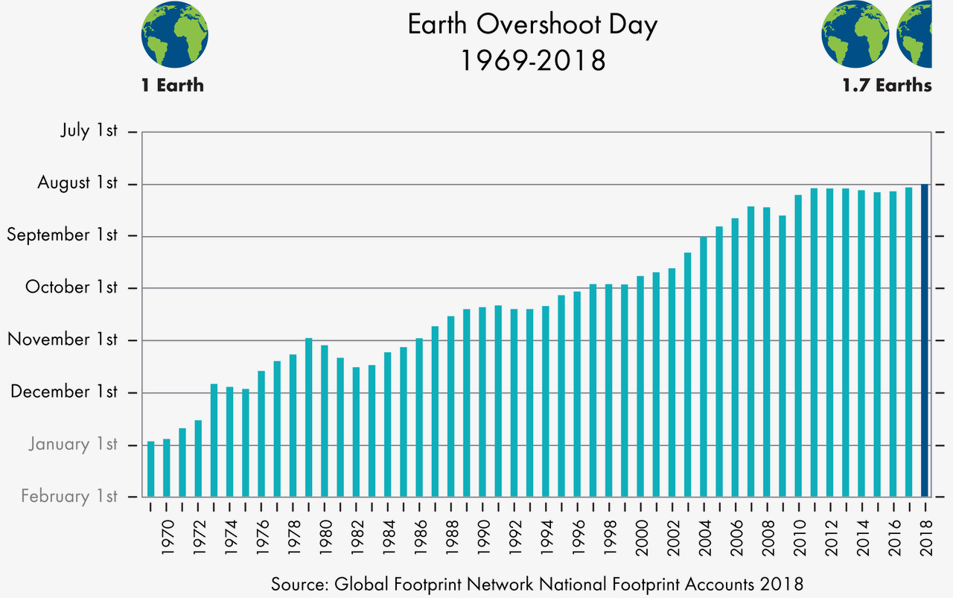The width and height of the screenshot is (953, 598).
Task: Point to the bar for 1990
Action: pyautogui.click(x=482, y=401)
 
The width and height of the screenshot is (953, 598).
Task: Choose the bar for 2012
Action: pyautogui.click(x=829, y=343)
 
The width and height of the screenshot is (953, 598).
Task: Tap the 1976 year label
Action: pyautogui.click(x=262, y=537)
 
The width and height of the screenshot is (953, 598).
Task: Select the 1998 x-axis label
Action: pyautogui.click(x=608, y=537)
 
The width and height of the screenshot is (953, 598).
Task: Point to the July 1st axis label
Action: pyautogui.click(x=89, y=131)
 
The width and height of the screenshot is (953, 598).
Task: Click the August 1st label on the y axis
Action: pyautogui.click(x=77, y=183)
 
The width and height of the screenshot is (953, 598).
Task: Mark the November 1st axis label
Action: pyautogui.click(x=63, y=340)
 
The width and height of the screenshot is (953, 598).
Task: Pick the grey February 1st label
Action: pyautogui.click(x=69, y=496)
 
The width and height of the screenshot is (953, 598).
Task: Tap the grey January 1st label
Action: pyautogui.click(x=73, y=445)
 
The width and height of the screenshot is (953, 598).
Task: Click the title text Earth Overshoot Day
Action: pyautogui.click(x=532, y=25)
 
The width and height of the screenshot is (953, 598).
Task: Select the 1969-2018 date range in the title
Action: pyautogui.click(x=532, y=60)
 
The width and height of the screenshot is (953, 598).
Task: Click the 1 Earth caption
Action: pyautogui.click(x=173, y=85)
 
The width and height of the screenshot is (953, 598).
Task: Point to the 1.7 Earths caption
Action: pyautogui.click(x=887, y=85)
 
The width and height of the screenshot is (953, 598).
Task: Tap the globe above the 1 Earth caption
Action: pyautogui.click(x=174, y=34)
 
